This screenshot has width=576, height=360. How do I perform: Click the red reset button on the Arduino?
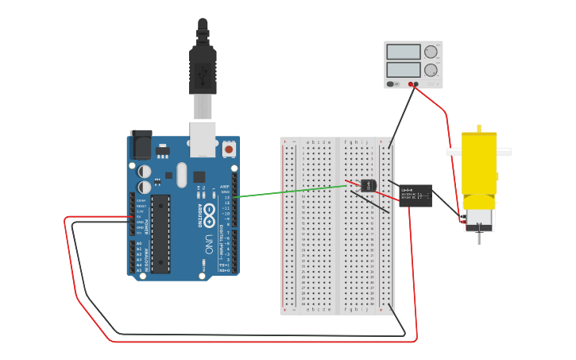(x=229, y=149)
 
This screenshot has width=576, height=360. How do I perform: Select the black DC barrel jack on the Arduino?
(x=141, y=145)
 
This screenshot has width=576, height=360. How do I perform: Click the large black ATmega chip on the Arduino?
(x=160, y=234)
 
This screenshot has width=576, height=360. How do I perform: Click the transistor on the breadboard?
(x=367, y=185)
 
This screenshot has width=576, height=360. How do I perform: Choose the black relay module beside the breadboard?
(x=416, y=195)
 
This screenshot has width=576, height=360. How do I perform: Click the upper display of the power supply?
(x=404, y=52)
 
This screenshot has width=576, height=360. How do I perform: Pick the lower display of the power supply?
(x=404, y=69)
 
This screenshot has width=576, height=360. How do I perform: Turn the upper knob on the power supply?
(x=431, y=52)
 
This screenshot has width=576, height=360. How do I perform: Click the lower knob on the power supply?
(x=431, y=70)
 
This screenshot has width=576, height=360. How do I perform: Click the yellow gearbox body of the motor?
(x=479, y=163)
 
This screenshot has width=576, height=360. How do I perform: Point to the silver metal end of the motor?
(x=478, y=217)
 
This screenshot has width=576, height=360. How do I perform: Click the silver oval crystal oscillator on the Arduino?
(x=182, y=175)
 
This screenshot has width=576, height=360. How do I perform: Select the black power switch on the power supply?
(x=392, y=84)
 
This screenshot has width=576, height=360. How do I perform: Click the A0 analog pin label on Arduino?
(x=140, y=244)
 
